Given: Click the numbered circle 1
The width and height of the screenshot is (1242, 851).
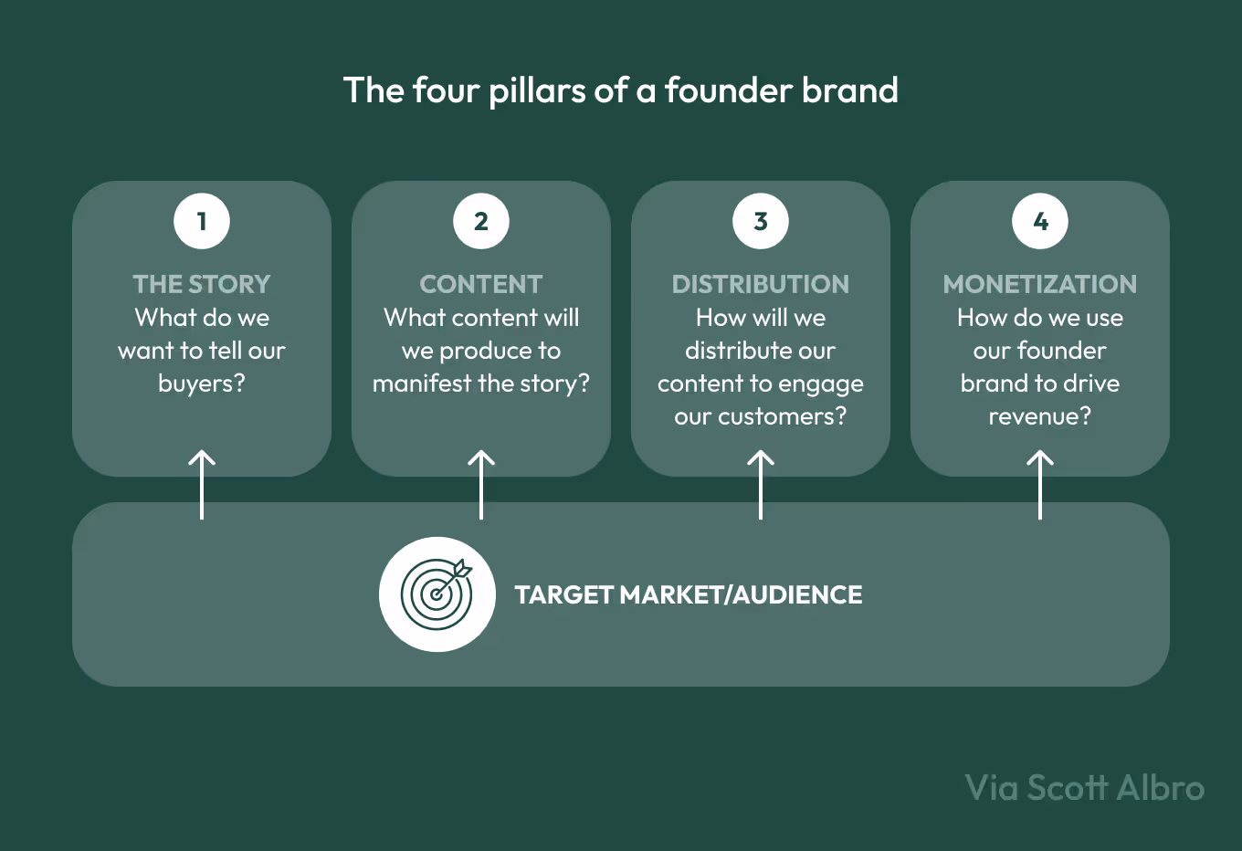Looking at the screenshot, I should tap(202, 221).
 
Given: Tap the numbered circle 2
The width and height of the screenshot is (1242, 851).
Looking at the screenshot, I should tap(481, 221).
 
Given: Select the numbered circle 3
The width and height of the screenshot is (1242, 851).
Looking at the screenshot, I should tap(761, 221).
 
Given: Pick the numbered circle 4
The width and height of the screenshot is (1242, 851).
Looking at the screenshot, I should tap(1040, 221).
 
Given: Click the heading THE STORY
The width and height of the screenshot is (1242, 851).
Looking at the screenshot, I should tap(202, 284).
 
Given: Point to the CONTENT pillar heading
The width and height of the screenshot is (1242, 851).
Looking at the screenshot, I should tap(481, 284).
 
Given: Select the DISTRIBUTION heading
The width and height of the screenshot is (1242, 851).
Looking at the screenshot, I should tap(761, 284).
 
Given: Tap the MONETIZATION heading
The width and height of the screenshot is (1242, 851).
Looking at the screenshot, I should tap(1040, 284).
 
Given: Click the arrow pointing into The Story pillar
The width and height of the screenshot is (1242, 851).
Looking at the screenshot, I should tap(202, 484).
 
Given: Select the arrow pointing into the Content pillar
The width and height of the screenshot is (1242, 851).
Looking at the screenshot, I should tap(481, 484).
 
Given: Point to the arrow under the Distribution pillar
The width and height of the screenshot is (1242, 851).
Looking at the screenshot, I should tap(761, 484).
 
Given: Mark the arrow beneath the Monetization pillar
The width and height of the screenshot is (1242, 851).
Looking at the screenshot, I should tap(1040, 484).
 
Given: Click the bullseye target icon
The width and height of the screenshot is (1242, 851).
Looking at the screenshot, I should tap(437, 594).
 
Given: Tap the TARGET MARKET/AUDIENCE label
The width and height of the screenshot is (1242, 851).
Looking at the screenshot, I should tap(689, 595).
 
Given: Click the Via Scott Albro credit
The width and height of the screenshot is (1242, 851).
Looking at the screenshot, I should tap(1085, 788).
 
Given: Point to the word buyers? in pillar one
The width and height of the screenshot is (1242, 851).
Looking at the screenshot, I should tap(202, 383).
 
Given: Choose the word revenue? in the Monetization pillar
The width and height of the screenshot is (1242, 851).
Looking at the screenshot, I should tap(1040, 416).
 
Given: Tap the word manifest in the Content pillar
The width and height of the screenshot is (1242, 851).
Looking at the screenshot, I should tap(422, 383).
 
